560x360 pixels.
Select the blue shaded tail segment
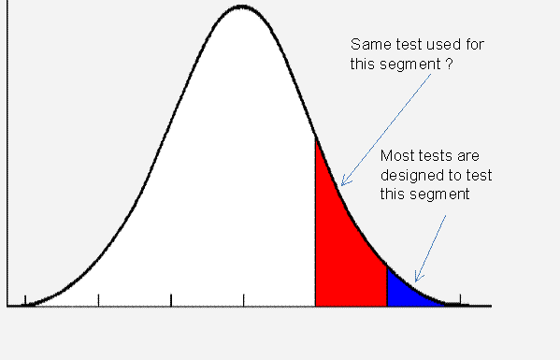[x=408, y=292]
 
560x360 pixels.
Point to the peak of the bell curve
[x=241, y=7]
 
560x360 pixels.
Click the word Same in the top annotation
[x=367, y=45]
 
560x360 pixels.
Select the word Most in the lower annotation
[x=396, y=156]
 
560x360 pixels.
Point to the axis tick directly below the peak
[x=243, y=301]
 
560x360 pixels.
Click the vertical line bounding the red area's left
[x=315, y=224]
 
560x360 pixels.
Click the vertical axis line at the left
[x=7, y=187]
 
